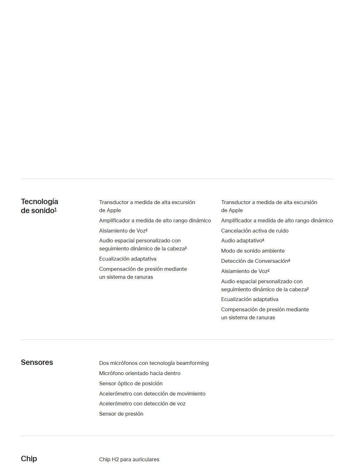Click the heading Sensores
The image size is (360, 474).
pos(37,362)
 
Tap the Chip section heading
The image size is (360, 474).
pos(29,459)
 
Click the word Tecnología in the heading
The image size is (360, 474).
pos(40,202)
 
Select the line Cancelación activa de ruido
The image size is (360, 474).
pos(255,231)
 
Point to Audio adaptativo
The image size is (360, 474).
pos(242,241)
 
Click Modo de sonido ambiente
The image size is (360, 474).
pos(253,251)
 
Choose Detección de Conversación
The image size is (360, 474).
pos(255,261)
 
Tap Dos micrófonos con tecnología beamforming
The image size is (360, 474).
pos(154,363)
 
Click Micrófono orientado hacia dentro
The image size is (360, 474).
pos(139,374)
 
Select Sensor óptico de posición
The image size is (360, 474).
pos(131,384)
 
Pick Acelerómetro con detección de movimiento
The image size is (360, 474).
pos(152,394)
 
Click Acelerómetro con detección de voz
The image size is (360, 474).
pos(142,404)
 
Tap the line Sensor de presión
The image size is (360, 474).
pos(121,414)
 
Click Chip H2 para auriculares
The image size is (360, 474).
pos(129,460)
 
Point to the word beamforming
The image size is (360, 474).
pos(192,363)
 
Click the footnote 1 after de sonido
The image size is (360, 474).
pos(56,209)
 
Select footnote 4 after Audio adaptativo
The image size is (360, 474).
pos(263,240)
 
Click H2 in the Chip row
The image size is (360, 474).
pos(115,460)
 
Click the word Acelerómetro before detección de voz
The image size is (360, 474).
pos(116,404)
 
